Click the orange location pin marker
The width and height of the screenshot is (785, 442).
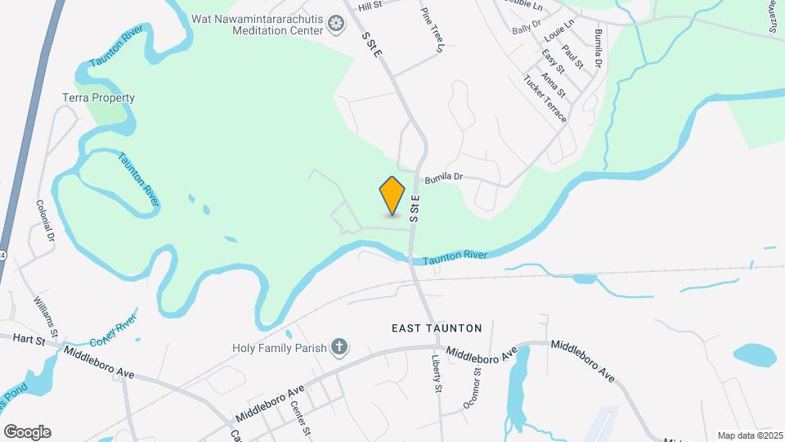point(392,195)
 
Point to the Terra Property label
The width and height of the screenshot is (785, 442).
point(98,98)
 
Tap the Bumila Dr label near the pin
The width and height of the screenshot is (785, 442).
point(443,177)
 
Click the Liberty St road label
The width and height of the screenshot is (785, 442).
point(437,372)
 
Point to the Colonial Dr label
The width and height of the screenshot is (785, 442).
point(45,220)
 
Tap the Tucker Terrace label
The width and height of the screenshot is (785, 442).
point(545,99)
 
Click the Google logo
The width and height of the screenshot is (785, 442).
point(27,432)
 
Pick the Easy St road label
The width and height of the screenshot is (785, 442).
point(554,65)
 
